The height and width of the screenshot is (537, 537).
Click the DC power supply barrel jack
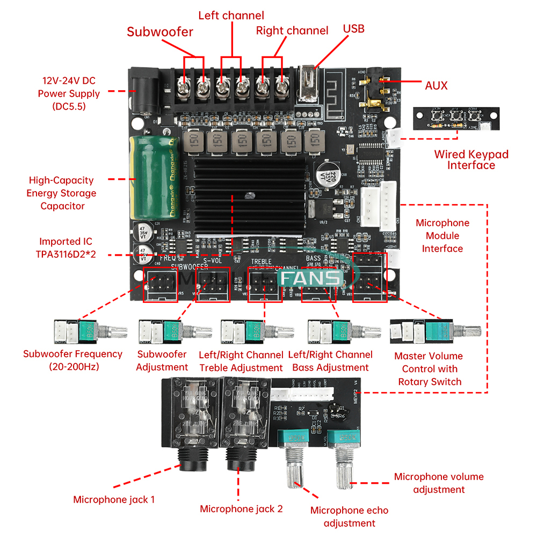143,95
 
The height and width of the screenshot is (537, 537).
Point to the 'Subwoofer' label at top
159,32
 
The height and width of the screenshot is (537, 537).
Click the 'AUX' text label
436,85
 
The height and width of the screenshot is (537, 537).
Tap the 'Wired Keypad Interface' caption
471,160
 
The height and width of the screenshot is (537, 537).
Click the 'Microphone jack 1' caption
114,499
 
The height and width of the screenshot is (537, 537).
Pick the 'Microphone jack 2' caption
241,509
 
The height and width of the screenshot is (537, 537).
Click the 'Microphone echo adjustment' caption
349,517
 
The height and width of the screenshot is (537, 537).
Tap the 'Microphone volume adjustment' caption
439,483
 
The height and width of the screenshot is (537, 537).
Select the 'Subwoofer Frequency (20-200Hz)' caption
72,360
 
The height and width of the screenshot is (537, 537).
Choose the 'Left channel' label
231,16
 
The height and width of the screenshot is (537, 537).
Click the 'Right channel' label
292,31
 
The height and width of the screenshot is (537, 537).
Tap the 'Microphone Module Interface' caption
442,236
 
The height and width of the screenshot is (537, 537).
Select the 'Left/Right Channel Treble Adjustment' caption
241,361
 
